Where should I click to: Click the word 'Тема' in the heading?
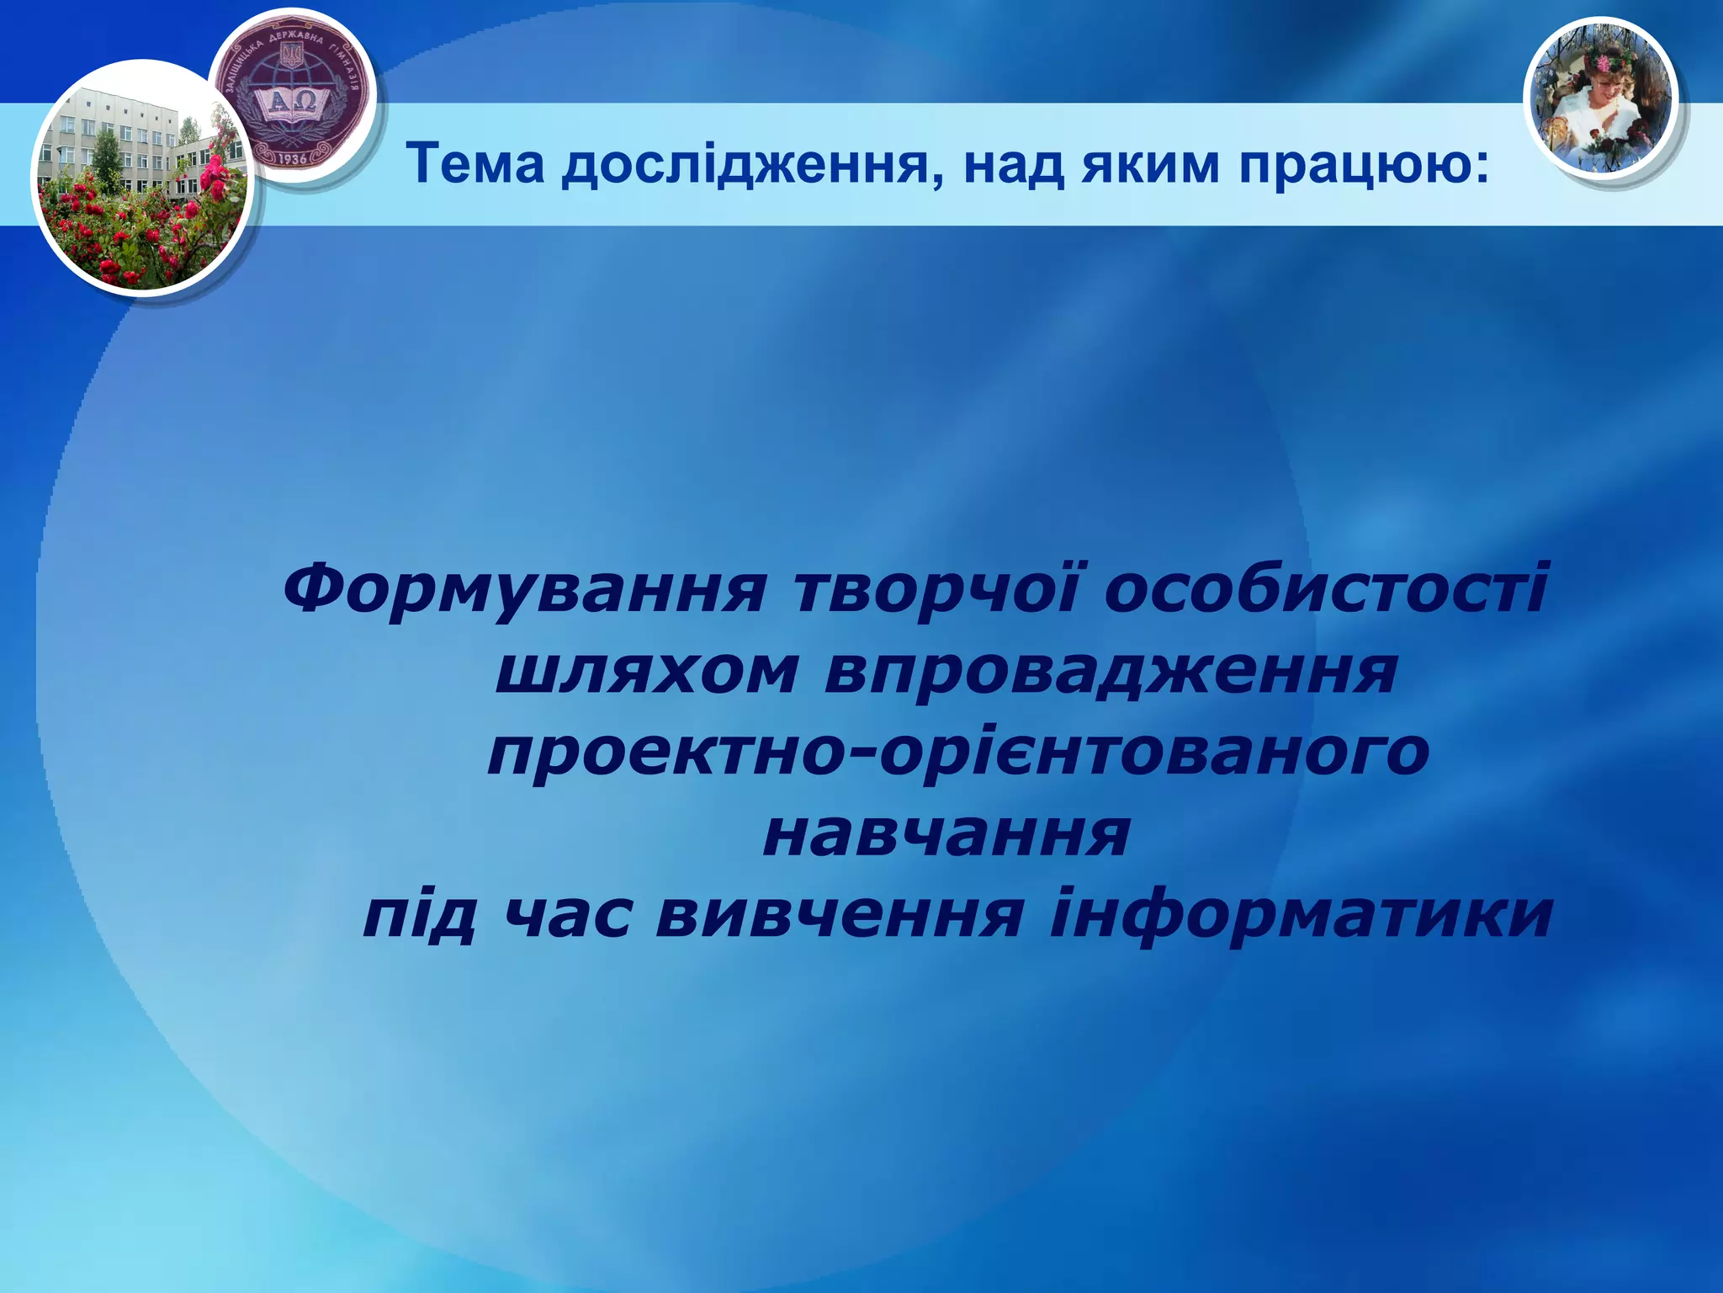(475, 164)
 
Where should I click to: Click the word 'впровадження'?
(1111, 674)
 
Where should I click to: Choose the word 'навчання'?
(946, 834)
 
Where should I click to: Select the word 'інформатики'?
(1301, 915)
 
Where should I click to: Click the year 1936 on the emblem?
(292, 157)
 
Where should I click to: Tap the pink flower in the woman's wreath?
(1598, 63)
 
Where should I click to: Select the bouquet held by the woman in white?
(1615, 143)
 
